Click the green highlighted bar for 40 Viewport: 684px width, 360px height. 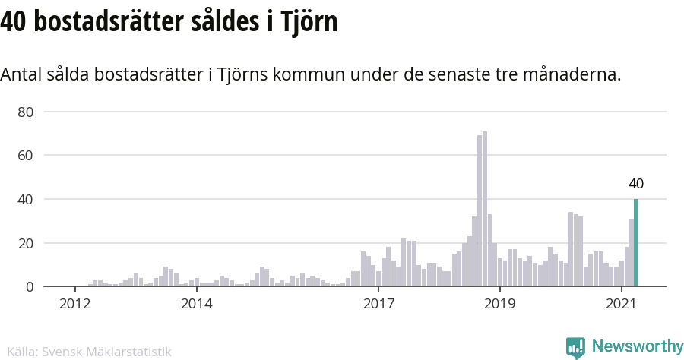point(636,243)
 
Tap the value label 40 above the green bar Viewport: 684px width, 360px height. point(636,184)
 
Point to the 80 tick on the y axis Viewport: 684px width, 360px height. point(27,112)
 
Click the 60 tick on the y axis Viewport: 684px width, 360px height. point(27,156)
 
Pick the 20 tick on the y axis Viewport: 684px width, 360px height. point(27,243)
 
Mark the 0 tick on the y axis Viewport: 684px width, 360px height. point(30,287)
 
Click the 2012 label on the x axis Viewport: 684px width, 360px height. point(75,304)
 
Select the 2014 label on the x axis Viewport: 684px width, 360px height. point(197,304)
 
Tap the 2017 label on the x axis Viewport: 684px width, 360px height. point(378,304)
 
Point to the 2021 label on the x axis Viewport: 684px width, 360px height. point(621,304)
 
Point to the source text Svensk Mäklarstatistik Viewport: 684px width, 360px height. point(106,352)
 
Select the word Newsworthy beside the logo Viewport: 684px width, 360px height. point(637,347)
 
